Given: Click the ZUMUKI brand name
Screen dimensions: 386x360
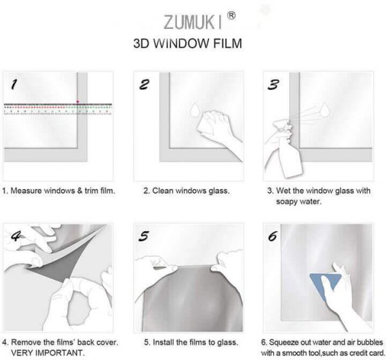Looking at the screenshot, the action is [192, 22].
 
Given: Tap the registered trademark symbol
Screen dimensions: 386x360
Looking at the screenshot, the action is [231, 15].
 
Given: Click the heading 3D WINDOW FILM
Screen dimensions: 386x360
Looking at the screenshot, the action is [188, 43].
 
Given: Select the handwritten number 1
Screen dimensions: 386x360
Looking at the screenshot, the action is [14, 84].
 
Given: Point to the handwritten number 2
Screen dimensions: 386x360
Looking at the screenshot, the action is [144, 84].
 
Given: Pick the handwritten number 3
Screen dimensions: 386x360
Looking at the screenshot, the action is [273, 84].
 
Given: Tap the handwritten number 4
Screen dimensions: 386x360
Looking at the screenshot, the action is [16, 236].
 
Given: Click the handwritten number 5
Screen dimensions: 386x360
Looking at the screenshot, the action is [143, 236].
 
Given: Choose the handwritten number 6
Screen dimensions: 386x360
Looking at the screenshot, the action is [273, 236].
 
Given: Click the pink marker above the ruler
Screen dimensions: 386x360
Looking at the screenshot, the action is [78, 102].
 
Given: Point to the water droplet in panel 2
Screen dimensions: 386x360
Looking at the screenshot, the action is [194, 110].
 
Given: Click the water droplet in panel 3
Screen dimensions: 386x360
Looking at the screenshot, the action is [324, 110].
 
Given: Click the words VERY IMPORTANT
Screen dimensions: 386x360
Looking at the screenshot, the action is [48, 353].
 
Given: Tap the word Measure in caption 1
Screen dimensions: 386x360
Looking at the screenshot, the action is [26, 191].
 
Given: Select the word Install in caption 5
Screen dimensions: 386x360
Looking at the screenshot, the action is [163, 342].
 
